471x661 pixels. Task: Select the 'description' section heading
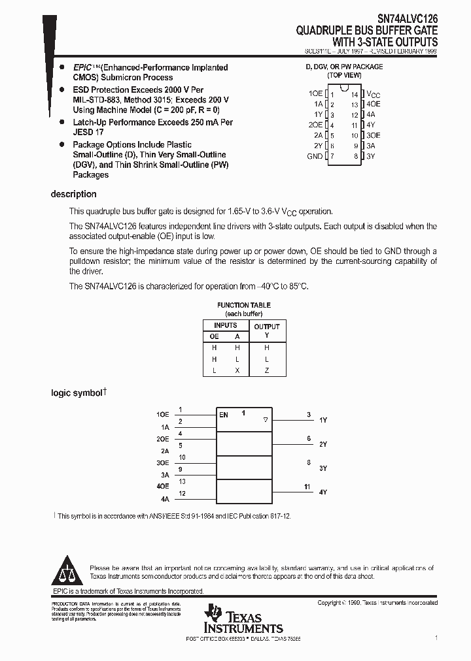pyautogui.click(x=73, y=194)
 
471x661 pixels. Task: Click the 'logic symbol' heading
pyautogui.click(x=77, y=393)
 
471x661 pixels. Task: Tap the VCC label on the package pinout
pyautogui.click(x=372, y=94)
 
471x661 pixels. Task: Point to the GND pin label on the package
pyautogui.click(x=315, y=157)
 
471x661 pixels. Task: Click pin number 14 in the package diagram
pyautogui.click(x=355, y=95)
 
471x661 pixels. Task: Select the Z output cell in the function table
pyautogui.click(x=266, y=370)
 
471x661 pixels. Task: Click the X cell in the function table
pyautogui.click(x=237, y=370)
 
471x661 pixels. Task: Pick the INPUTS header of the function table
pyautogui.click(x=226, y=325)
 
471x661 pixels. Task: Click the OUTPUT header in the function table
pyautogui.click(x=266, y=326)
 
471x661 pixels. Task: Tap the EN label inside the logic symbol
pyautogui.click(x=224, y=415)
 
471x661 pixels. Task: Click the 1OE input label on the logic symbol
pyautogui.click(x=162, y=415)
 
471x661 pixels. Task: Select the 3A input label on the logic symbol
pyautogui.click(x=165, y=475)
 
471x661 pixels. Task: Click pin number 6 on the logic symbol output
pyautogui.click(x=309, y=439)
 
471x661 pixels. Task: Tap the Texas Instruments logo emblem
pyautogui.click(x=214, y=614)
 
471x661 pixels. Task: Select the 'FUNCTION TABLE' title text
pyautogui.click(x=243, y=305)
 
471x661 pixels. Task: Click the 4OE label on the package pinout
pyautogui.click(x=374, y=105)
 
